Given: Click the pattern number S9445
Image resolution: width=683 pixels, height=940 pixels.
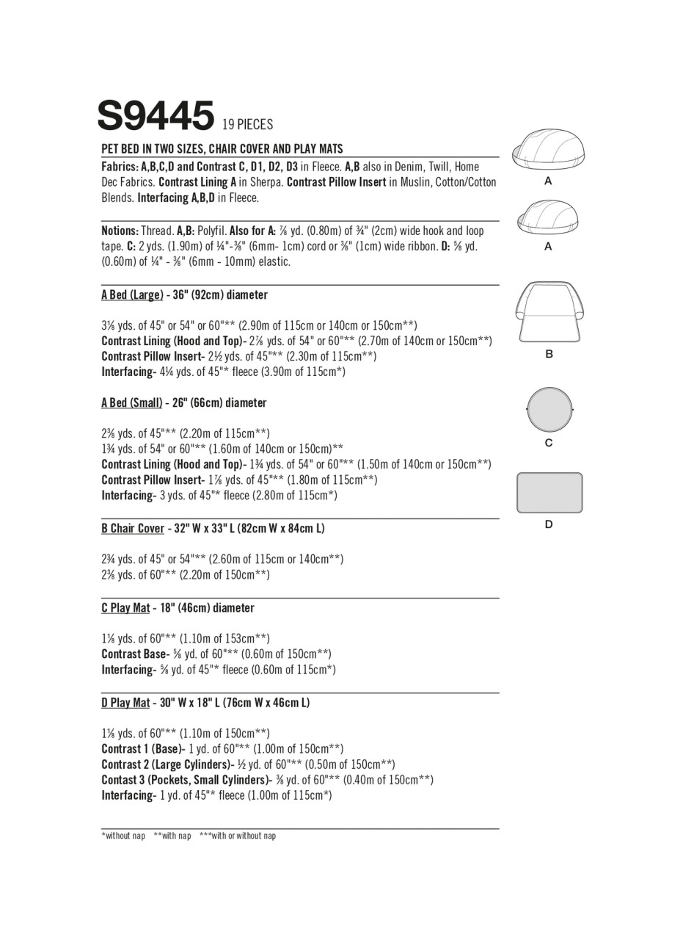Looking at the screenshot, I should click(x=156, y=117).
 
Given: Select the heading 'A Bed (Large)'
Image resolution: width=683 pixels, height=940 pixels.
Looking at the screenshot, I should click(x=132, y=295).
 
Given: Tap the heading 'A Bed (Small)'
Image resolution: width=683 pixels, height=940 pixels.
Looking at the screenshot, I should click(x=132, y=403).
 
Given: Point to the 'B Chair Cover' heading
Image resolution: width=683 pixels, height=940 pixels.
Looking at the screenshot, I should click(x=133, y=529).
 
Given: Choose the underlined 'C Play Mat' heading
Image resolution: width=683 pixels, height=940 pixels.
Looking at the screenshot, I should click(x=125, y=608).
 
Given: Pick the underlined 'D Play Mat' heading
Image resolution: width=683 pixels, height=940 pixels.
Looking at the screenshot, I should click(x=125, y=703).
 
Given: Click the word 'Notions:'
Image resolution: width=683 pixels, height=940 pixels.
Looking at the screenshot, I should click(x=120, y=231).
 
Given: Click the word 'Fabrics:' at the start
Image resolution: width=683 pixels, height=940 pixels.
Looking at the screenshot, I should click(x=120, y=167).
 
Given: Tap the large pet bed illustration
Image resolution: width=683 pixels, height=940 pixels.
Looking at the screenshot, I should click(x=548, y=148).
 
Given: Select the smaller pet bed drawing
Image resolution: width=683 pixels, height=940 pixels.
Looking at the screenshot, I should click(x=548, y=217).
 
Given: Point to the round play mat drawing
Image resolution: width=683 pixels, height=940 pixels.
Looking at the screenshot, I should click(x=549, y=409).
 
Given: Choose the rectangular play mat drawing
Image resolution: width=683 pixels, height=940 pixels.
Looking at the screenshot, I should click(x=549, y=492).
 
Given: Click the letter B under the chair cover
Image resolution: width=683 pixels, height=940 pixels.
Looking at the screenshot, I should click(x=549, y=354).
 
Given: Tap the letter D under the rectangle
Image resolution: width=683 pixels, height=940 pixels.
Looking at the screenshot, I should click(x=549, y=524).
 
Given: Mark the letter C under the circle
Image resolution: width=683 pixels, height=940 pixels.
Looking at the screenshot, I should click(x=549, y=443).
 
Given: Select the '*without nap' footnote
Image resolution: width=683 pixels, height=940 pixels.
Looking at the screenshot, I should click(x=123, y=836).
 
